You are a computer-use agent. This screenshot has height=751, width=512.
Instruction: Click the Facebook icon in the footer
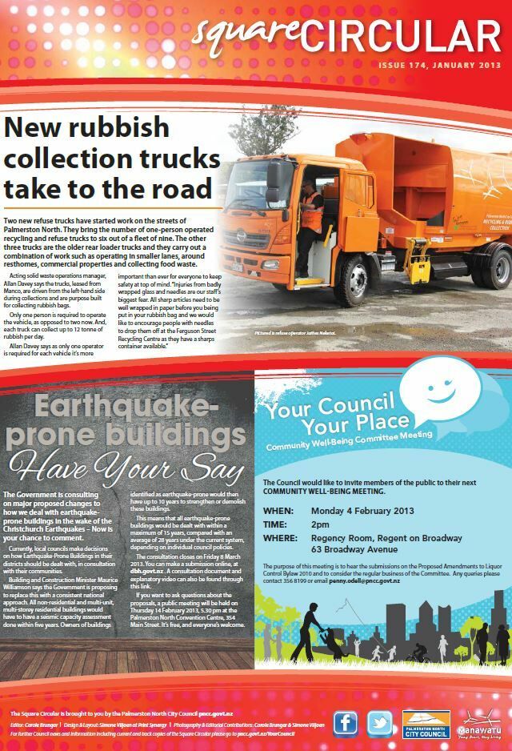tap(346, 723)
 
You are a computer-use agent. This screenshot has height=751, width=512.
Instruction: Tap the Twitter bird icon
tap(380, 723)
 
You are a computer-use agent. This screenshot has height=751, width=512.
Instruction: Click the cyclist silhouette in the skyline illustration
tap(418, 654)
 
